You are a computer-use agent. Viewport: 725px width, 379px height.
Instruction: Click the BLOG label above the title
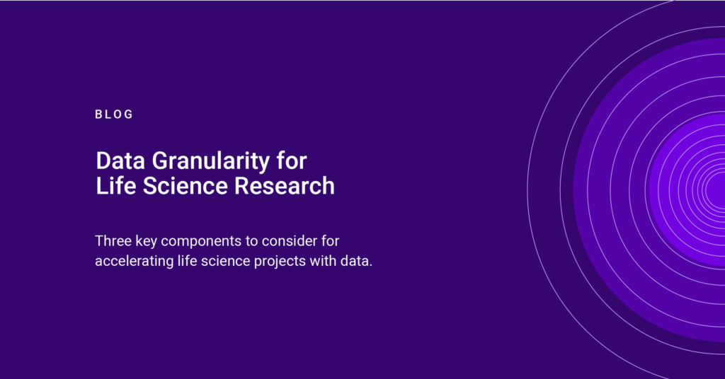(x=114, y=115)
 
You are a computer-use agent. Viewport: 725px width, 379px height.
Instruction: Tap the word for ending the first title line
(x=292, y=161)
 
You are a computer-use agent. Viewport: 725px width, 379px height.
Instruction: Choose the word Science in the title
(x=185, y=186)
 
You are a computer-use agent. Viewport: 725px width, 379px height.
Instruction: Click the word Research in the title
(x=285, y=186)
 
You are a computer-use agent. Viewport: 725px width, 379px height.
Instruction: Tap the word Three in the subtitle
(x=113, y=241)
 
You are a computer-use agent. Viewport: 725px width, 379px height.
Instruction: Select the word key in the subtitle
(x=146, y=242)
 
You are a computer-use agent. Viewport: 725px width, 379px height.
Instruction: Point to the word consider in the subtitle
(x=290, y=241)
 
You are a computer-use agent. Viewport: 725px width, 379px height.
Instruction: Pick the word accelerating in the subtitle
(x=135, y=262)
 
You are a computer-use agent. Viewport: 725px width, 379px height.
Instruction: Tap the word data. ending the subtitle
(x=357, y=261)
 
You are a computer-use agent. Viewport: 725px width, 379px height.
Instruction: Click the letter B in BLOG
(x=98, y=115)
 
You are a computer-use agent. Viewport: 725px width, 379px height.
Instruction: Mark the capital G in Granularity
(x=161, y=161)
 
